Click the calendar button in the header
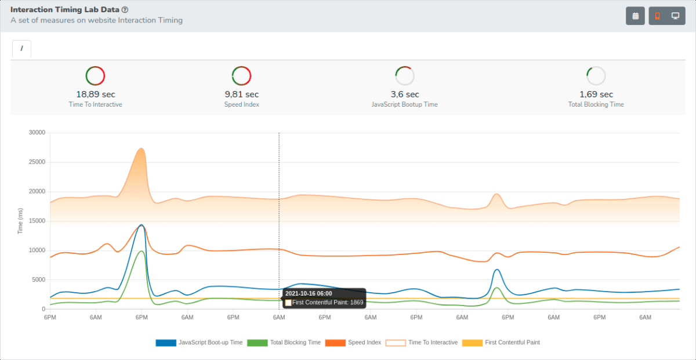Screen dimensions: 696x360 tap(635, 16)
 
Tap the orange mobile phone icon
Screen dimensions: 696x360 tap(657, 16)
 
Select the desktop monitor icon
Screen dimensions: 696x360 tap(675, 16)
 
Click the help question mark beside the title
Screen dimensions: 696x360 tap(125, 10)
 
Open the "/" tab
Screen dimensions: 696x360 tap(21, 49)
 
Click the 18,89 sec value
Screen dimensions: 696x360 tap(96, 94)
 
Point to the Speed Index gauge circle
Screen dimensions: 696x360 tap(241, 76)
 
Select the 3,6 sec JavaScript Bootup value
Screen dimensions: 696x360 tap(405, 94)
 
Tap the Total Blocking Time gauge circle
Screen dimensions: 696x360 tap(596, 76)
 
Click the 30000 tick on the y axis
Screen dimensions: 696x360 tap(37, 133)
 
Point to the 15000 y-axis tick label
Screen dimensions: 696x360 tap(37, 221)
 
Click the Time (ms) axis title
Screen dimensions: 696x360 tap(20, 221)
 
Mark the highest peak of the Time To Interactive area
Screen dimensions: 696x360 tap(142, 148)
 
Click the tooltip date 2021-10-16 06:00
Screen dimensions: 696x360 tap(309, 293)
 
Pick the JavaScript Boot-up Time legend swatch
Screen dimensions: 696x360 tap(166, 343)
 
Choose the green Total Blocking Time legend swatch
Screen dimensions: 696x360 tap(258, 343)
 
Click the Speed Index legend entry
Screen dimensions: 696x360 tap(353, 343)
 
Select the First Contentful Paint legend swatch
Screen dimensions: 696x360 tap(472, 343)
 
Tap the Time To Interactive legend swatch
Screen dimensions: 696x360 tap(396, 343)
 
